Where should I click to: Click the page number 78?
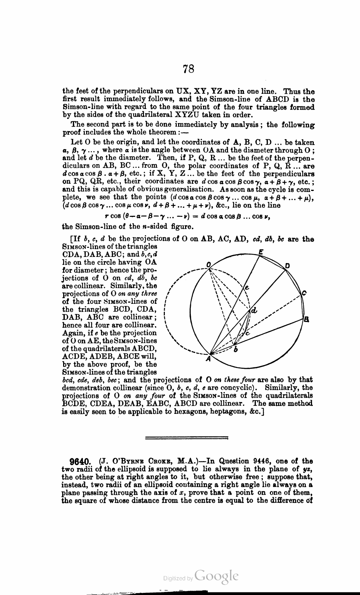pyautogui.click(x=189, y=69)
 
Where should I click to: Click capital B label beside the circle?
pyautogui.click(x=306, y=319)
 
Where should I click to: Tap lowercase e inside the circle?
pyautogui.click(x=247, y=288)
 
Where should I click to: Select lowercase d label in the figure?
pyautogui.click(x=254, y=310)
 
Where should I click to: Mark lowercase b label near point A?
pyautogui.click(x=236, y=350)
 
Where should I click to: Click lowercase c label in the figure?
pyautogui.click(x=247, y=334)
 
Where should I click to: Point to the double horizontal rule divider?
pyautogui.click(x=186, y=438)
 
